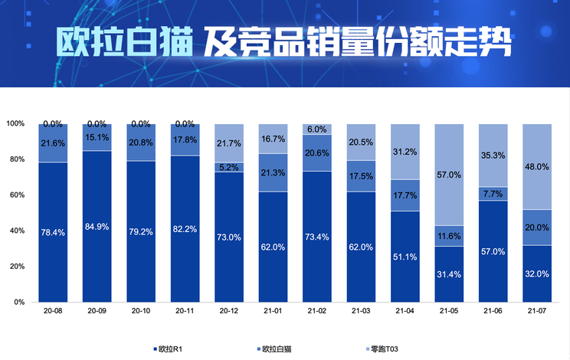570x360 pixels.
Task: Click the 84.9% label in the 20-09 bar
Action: coord(97,227)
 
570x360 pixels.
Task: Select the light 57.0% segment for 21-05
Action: coord(450,175)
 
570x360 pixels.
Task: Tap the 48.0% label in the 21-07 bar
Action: coord(538,166)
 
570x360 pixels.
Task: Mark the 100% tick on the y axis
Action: coord(15,123)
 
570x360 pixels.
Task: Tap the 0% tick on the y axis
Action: coord(18,303)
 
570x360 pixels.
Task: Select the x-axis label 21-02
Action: coord(317,312)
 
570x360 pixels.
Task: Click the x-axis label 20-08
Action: coord(53,312)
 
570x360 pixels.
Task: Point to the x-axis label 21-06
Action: coord(493,312)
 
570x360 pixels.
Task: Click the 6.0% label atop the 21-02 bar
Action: coord(317,129)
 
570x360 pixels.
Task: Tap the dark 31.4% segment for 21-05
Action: coord(450,274)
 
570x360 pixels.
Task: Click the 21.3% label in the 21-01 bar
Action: coord(274,172)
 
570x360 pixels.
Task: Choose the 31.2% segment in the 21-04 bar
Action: coord(405,152)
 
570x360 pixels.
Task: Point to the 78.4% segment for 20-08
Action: coord(53,232)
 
